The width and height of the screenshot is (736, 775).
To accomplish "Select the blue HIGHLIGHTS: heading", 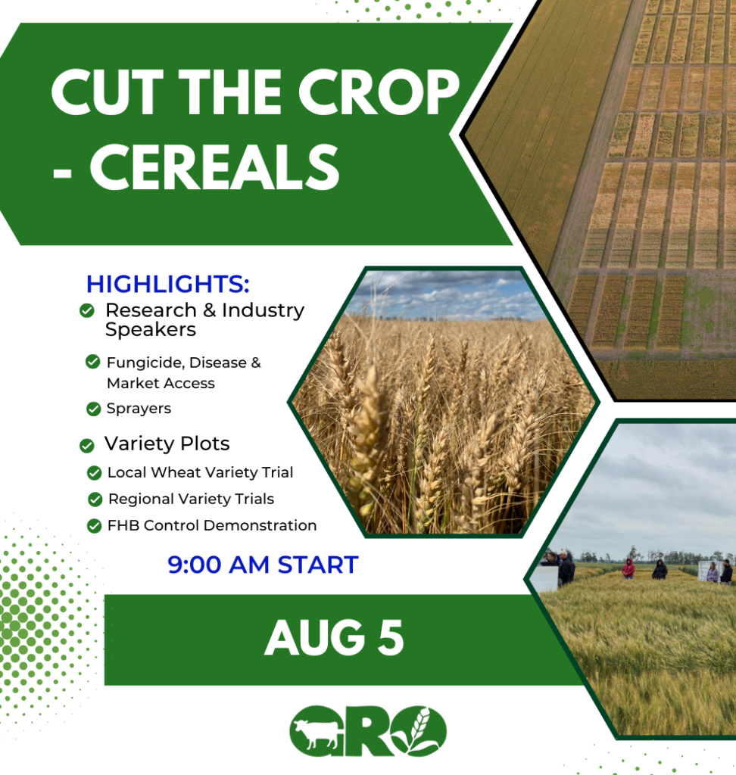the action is click(x=167, y=284).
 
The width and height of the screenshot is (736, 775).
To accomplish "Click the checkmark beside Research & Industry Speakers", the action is click(x=87, y=310).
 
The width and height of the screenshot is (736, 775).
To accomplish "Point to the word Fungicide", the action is click(x=145, y=363).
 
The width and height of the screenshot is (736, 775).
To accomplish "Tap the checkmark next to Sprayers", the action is click(x=93, y=409).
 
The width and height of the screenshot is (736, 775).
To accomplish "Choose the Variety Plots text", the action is click(x=167, y=444).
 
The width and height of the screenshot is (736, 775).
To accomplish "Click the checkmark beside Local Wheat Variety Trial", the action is click(x=94, y=473).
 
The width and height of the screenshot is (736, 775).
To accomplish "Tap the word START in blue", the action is click(x=318, y=565).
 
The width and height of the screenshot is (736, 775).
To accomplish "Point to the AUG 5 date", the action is click(x=334, y=638).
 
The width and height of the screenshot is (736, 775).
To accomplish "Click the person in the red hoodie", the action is click(x=628, y=568).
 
